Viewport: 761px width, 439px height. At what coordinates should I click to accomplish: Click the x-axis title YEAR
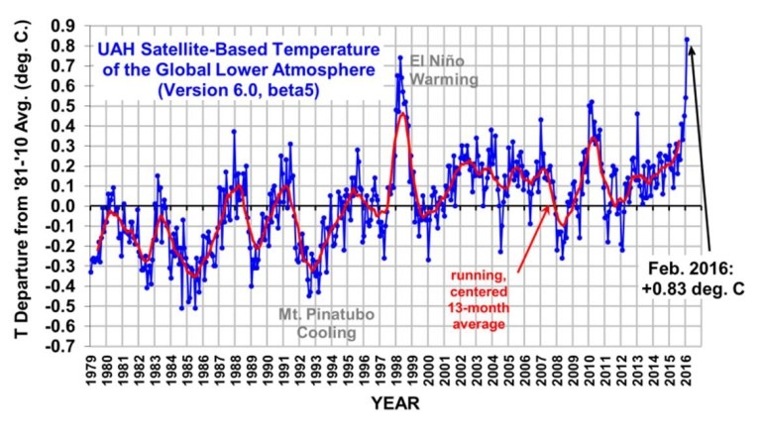click(x=394, y=404)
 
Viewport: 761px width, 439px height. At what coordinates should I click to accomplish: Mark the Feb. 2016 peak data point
click(x=687, y=40)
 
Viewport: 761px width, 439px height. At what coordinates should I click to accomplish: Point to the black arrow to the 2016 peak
click(x=700, y=149)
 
